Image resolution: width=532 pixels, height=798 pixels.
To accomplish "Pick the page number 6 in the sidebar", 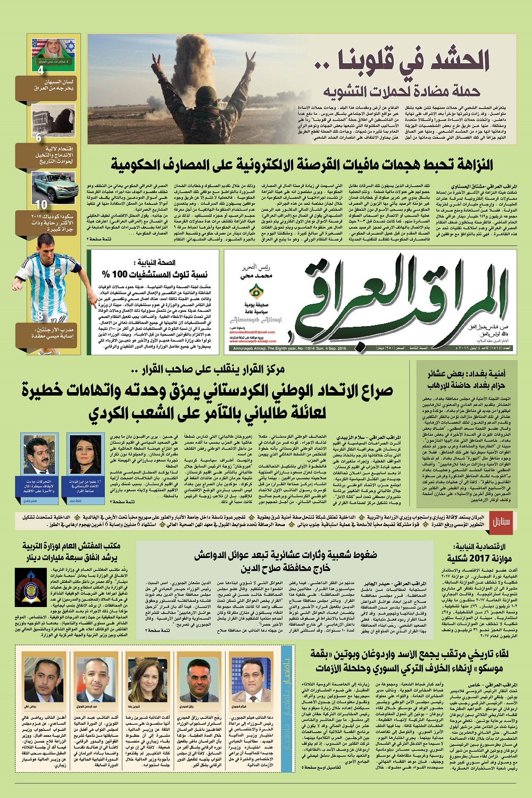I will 38,137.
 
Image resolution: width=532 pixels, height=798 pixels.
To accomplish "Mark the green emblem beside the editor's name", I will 256,292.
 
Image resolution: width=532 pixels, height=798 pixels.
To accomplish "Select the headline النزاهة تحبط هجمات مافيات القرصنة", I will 302,164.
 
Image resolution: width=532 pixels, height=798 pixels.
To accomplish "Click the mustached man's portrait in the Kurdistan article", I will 39,455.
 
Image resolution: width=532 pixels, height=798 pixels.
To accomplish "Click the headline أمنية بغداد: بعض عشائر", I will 468,379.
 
